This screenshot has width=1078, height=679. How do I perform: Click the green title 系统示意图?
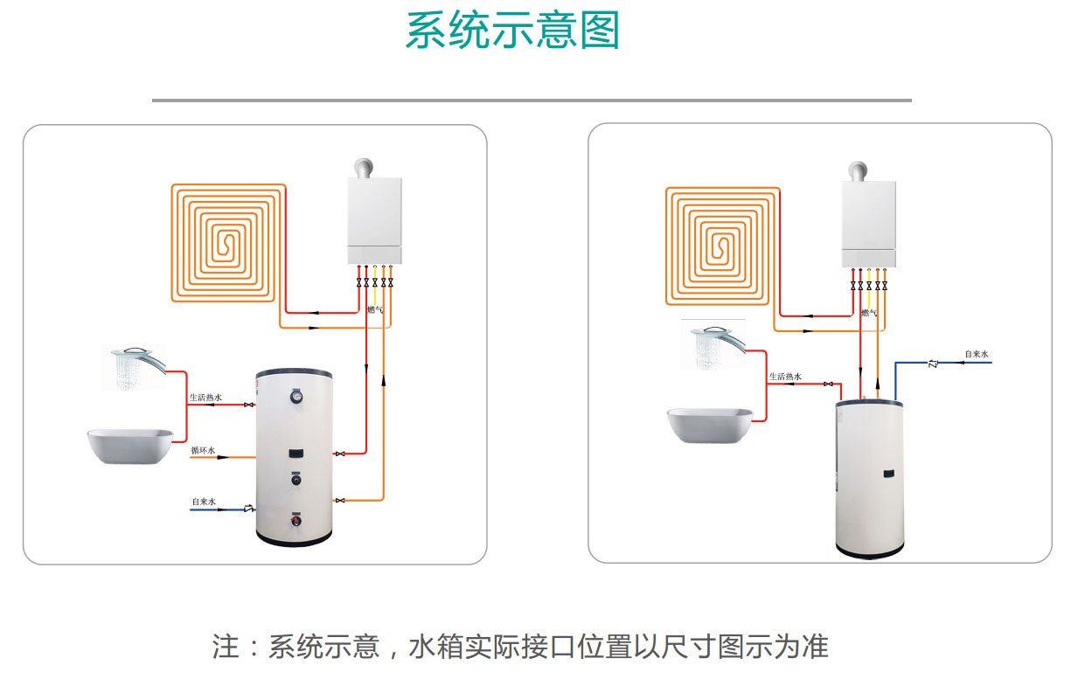tap(512, 31)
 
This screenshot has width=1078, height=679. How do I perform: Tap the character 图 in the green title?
tap(600, 31)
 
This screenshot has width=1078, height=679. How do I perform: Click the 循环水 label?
tap(203, 450)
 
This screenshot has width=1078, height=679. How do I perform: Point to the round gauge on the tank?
tap(296, 396)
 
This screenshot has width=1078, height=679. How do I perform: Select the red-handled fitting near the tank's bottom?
tap(296, 519)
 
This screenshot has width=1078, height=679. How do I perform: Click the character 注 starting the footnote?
tap(226, 646)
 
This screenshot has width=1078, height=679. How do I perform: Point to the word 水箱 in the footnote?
tap(436, 646)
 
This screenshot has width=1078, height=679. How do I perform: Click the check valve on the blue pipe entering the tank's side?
tap(248, 509)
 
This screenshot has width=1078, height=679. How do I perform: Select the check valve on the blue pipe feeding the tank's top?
tap(933, 364)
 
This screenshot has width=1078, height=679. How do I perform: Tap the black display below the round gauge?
tap(296, 453)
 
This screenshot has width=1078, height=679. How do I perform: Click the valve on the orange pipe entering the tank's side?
tap(340, 501)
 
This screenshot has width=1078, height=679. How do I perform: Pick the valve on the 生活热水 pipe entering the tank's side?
tap(248, 405)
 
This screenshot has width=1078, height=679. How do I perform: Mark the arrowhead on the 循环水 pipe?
tap(222, 457)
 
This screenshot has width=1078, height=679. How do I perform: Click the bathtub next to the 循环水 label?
tap(130, 447)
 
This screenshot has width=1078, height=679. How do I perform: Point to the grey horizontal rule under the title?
tap(532, 100)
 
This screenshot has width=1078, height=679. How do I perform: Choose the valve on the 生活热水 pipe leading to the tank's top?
tap(828, 384)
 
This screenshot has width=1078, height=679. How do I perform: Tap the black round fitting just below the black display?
tap(296, 479)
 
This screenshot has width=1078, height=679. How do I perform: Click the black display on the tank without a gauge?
tap(889, 475)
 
